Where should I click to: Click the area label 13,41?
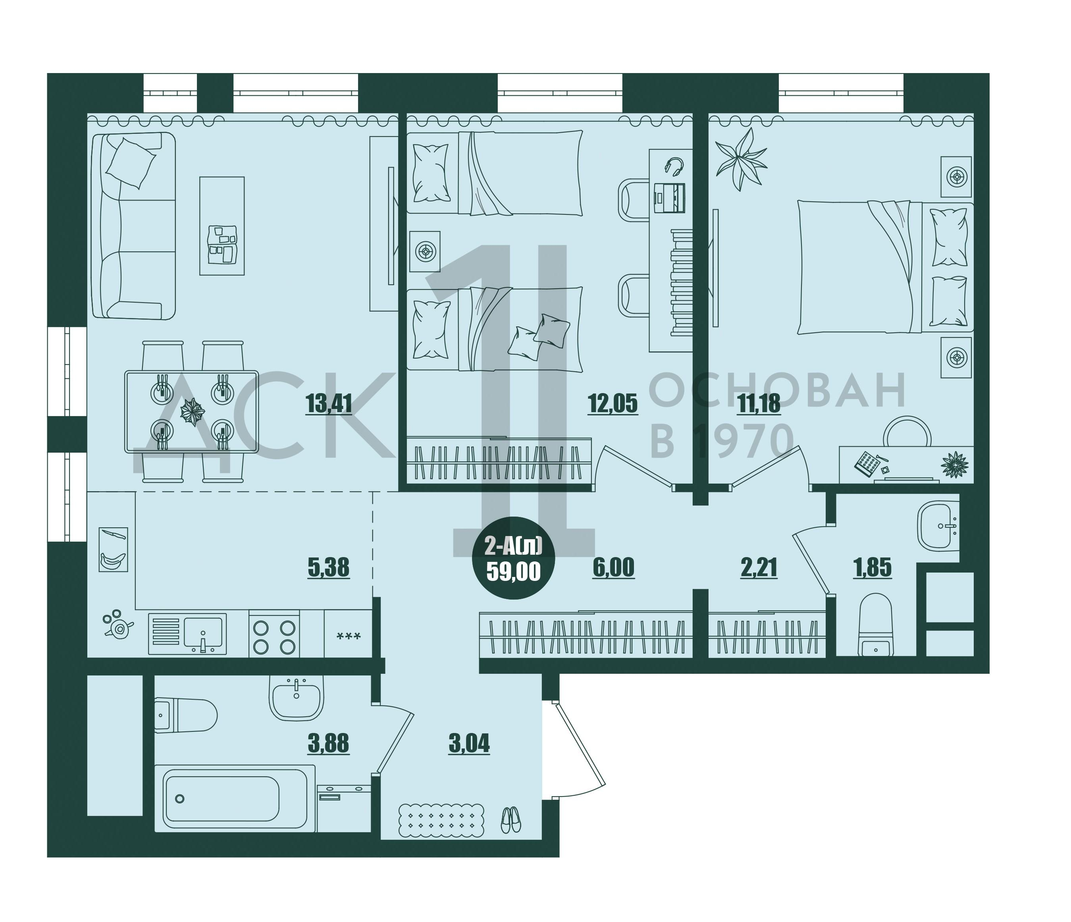[x=329, y=404]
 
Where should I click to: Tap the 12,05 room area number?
[x=613, y=404]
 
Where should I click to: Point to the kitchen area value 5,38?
[x=329, y=567]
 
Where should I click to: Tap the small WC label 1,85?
[x=872, y=567]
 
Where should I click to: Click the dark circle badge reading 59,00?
[x=514, y=558]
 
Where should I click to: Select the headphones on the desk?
[x=674, y=166]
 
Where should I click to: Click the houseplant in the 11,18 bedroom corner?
[x=741, y=159]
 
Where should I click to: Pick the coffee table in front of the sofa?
[x=222, y=226]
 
